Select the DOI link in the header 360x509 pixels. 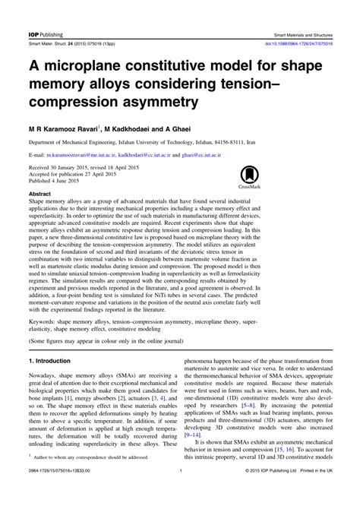[299, 24]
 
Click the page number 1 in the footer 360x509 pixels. [180, 492]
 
